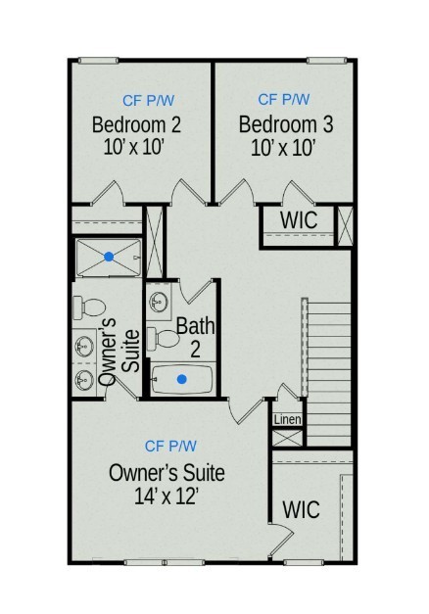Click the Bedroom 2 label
[x=136, y=125]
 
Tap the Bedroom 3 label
[x=286, y=124]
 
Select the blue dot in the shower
[x=109, y=257]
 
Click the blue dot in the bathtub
[x=181, y=379]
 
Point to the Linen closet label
[x=288, y=420]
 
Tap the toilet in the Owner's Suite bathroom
[x=89, y=307]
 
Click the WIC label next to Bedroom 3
[x=299, y=220]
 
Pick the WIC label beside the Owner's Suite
[x=301, y=509]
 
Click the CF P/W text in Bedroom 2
[x=149, y=101]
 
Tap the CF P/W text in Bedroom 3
[x=284, y=100]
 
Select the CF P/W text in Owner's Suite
[x=170, y=446]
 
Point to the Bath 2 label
[x=196, y=338]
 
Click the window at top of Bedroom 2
[x=98, y=61]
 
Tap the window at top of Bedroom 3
[x=326, y=61]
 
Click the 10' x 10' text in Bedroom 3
[x=283, y=149]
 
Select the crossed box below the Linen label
[x=288, y=438]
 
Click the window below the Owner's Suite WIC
[x=304, y=563]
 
